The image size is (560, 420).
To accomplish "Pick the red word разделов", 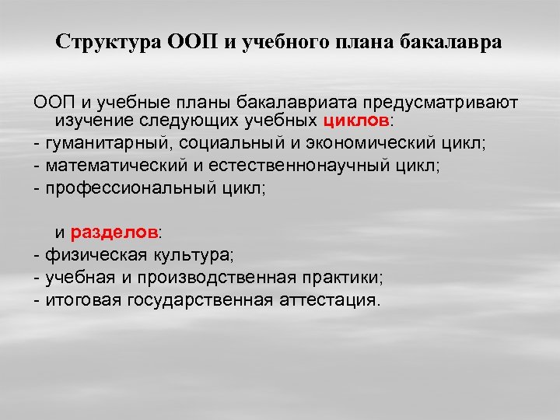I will click(x=114, y=233).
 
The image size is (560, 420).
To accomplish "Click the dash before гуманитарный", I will click(x=36, y=142).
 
